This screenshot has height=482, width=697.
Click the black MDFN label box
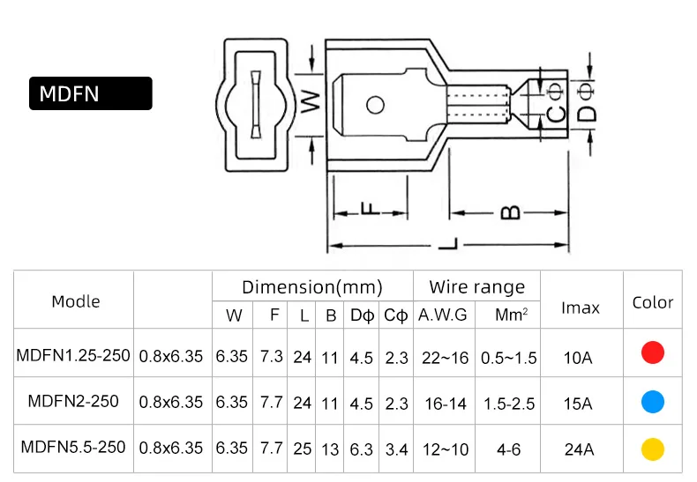pos(91,93)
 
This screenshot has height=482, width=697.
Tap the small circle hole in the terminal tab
pos(375,105)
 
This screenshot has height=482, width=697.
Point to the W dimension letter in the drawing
pos(311,101)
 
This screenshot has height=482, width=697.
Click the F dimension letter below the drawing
pos(371,209)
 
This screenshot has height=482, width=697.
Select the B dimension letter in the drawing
pos(510,212)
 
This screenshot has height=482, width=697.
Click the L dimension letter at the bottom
pos(448,244)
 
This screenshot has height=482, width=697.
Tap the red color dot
pos(653,352)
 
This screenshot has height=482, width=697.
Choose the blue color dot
pos(653,402)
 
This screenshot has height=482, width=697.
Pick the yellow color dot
pos(653,449)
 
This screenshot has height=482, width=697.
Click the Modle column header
pos(76,302)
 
